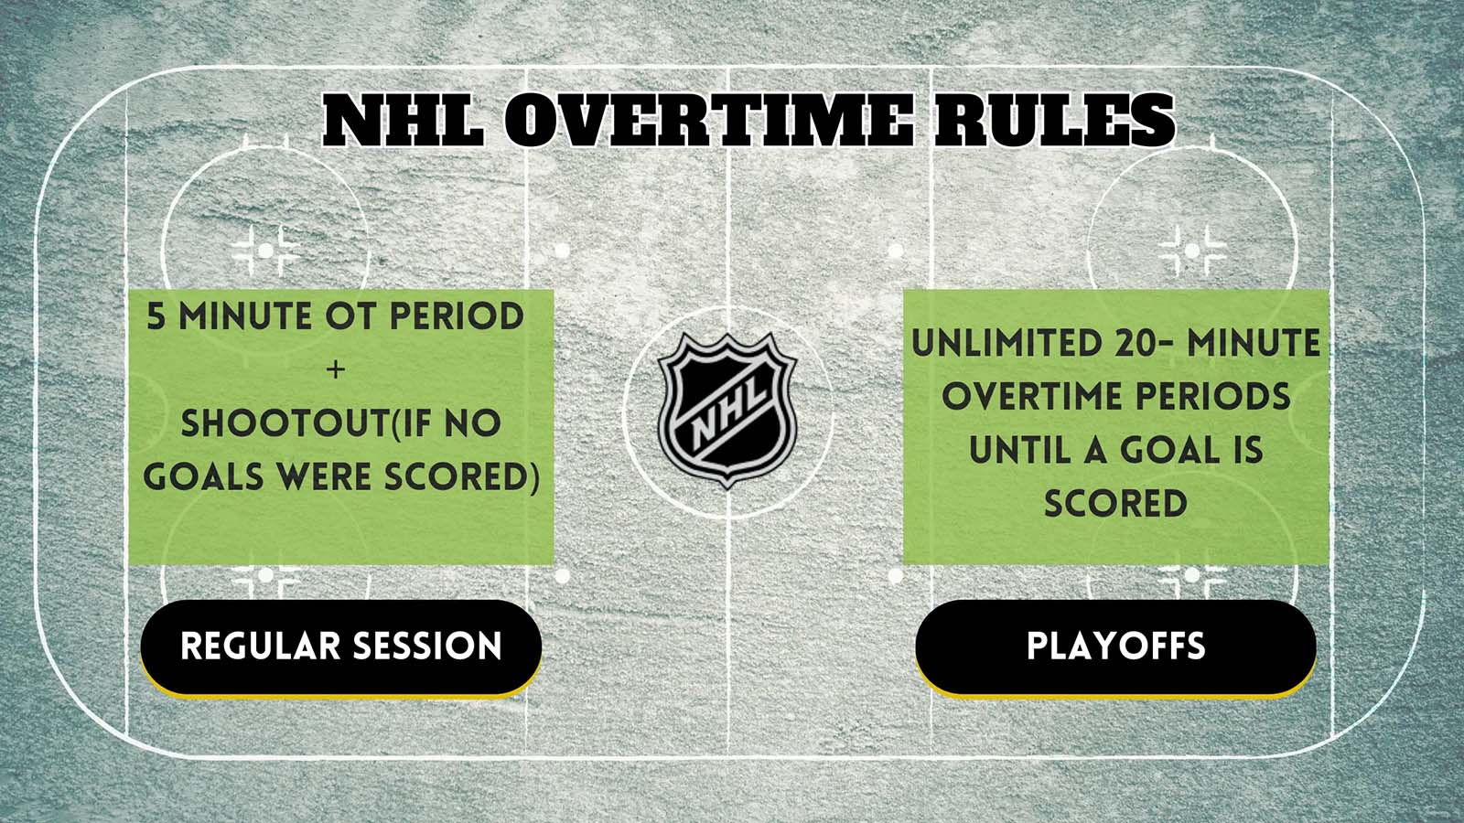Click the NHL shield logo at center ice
(x=727, y=409)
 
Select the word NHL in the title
(x=404, y=121)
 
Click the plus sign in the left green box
(x=336, y=369)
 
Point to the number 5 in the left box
(x=156, y=317)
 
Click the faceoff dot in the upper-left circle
(x=264, y=250)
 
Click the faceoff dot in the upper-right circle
(x=1191, y=250)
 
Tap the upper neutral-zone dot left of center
(x=562, y=250)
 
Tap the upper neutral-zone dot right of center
(x=895, y=250)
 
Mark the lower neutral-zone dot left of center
(x=562, y=576)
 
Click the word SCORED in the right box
(x=1115, y=504)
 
